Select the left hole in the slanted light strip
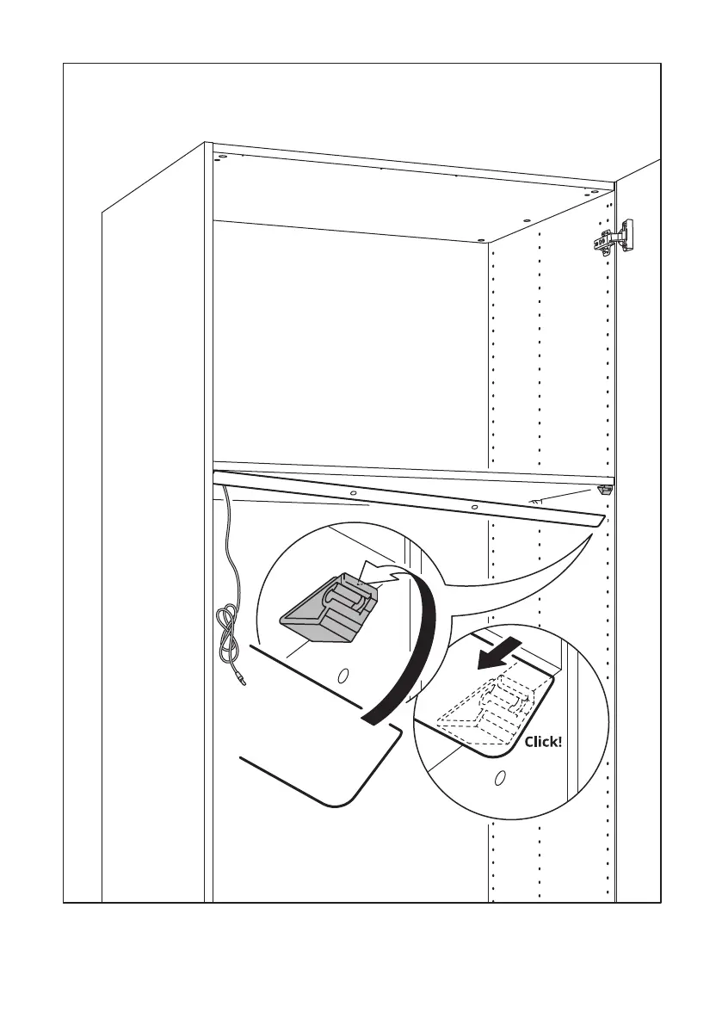pos(353,494)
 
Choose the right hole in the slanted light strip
pos(475,507)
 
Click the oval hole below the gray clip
pos(342,676)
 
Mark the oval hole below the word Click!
pos(500,780)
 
